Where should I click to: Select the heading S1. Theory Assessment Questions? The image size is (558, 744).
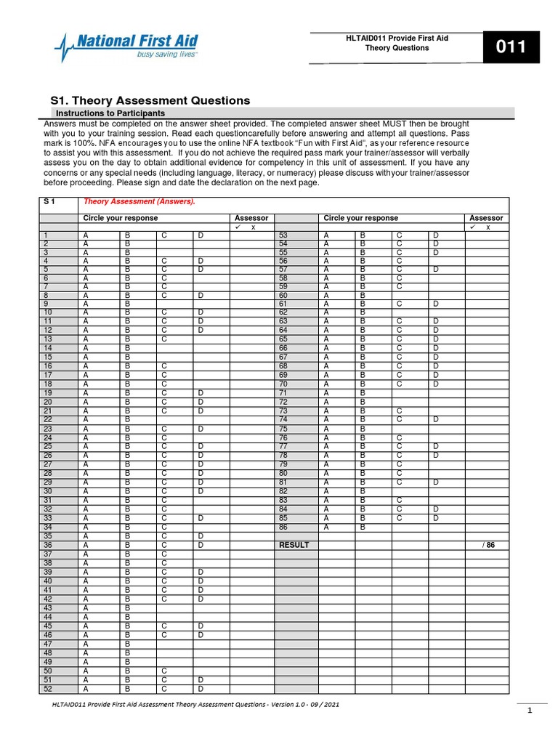tap(150, 101)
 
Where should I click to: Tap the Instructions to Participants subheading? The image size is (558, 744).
tap(110, 114)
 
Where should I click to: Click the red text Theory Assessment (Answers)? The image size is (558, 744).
tap(139, 202)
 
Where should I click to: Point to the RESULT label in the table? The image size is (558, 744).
tap(294, 545)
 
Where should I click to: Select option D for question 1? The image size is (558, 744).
tap(200, 236)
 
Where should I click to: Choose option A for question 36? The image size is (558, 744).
tap(86, 545)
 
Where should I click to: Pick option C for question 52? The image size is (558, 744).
tap(164, 689)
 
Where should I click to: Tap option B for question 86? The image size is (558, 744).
tap(363, 527)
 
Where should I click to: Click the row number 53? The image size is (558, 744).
tap(283, 236)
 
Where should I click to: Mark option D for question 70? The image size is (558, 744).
tap(436, 384)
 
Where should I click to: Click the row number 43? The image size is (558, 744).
tap(48, 607)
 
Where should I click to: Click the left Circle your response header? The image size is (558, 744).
tap(121, 218)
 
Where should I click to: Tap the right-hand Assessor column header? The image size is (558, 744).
tap(486, 218)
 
